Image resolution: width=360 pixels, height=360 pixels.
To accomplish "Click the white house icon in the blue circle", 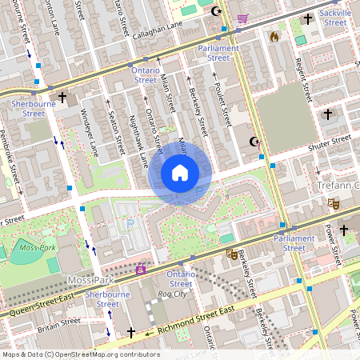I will (180, 173).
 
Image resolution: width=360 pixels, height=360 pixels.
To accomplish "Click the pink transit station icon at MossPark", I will (141, 270).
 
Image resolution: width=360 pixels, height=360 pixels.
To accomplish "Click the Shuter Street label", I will (330, 145).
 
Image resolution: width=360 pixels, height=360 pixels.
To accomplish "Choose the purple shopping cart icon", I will (242, 18).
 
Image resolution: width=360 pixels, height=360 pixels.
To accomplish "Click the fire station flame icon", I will (274, 36).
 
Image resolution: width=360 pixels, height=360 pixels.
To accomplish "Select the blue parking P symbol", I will (130, 225).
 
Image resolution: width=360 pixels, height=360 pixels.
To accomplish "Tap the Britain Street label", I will (60, 322).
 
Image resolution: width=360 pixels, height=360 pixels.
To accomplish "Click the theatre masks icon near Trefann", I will (332, 204).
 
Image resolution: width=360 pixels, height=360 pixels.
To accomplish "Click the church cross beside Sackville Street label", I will (309, 18).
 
